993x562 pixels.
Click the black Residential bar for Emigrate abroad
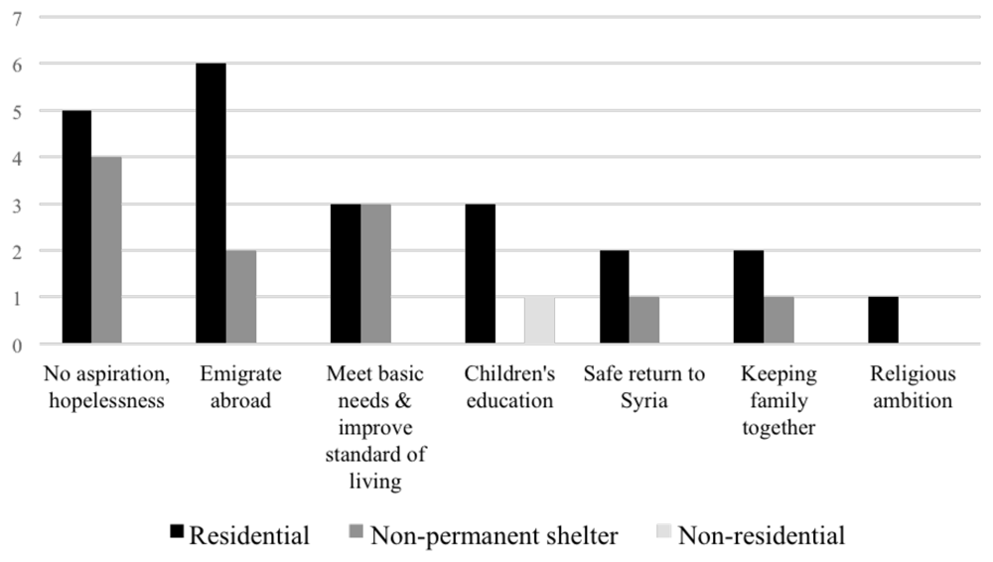point(211,204)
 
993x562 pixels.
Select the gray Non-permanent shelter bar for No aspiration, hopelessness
point(106,250)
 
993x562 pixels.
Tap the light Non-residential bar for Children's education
point(539,320)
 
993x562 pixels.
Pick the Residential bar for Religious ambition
point(884,320)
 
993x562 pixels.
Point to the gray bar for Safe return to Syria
point(644,320)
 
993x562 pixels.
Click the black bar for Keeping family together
point(749,297)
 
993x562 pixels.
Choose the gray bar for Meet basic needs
point(376,274)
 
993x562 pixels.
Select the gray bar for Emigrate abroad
point(241,297)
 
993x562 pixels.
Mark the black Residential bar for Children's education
point(481,274)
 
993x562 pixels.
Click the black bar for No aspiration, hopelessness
point(76,226)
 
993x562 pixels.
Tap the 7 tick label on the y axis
point(17,19)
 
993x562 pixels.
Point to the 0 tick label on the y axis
point(17,346)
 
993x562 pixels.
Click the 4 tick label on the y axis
point(17,159)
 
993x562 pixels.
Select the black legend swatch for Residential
point(177,531)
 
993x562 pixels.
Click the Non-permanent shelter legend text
point(494,535)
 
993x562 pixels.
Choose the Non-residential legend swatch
point(663,531)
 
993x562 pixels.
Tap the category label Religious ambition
point(913,387)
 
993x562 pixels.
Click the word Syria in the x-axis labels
point(644,401)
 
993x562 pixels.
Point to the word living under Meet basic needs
point(375,482)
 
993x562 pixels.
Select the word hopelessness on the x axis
point(106,400)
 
